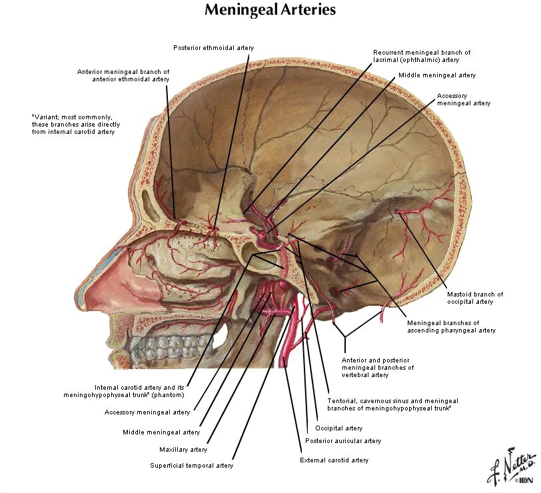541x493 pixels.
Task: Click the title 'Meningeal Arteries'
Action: (x=270, y=10)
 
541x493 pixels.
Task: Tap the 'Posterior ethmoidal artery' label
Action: (x=213, y=48)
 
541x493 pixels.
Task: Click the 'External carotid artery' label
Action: (x=334, y=460)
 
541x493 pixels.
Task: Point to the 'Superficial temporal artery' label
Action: (x=192, y=466)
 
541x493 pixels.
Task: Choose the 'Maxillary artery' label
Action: (x=183, y=450)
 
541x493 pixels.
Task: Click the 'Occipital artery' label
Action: (x=338, y=428)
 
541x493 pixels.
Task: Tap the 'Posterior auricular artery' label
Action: (x=343, y=441)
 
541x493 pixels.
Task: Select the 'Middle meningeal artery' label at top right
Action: (x=437, y=75)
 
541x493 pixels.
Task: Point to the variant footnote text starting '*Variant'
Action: (x=73, y=124)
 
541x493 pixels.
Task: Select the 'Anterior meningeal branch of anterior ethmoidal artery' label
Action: (x=123, y=75)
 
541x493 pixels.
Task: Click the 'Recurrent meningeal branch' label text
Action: (x=422, y=56)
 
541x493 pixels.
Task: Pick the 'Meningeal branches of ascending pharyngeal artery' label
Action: (x=451, y=326)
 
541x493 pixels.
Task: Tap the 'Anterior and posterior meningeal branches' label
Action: (x=378, y=367)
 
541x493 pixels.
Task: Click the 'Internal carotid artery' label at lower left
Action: (x=139, y=391)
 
